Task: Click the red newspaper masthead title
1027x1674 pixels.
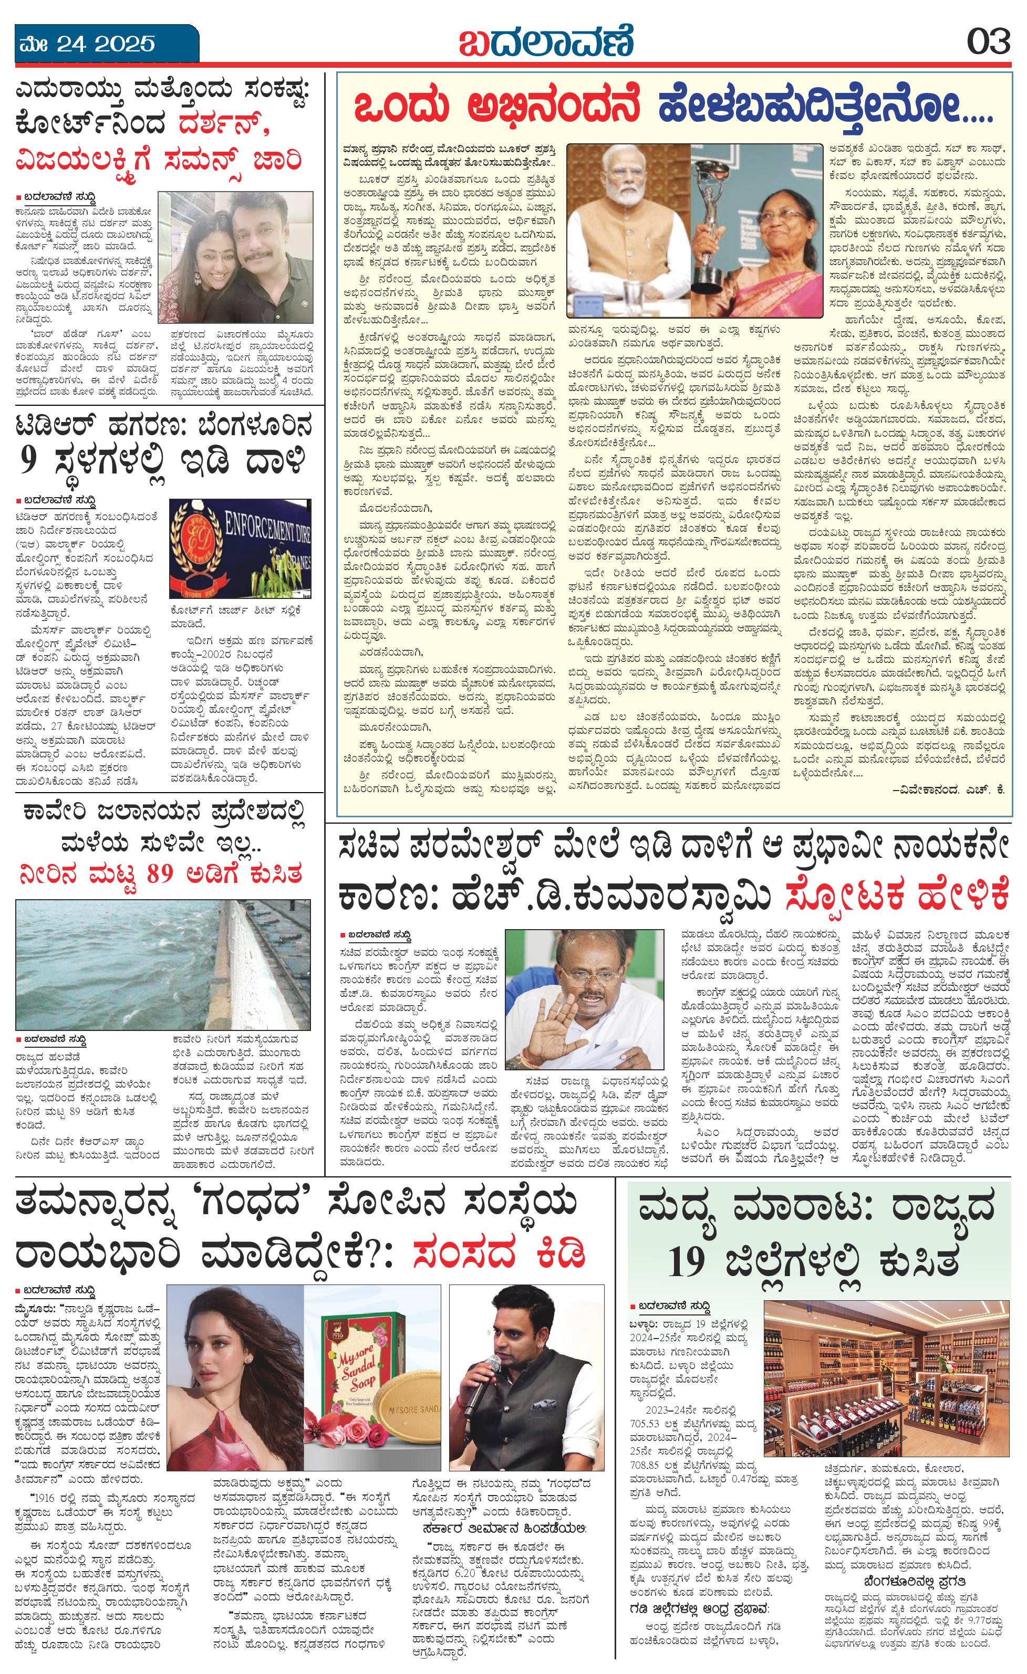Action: pyautogui.click(x=546, y=42)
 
